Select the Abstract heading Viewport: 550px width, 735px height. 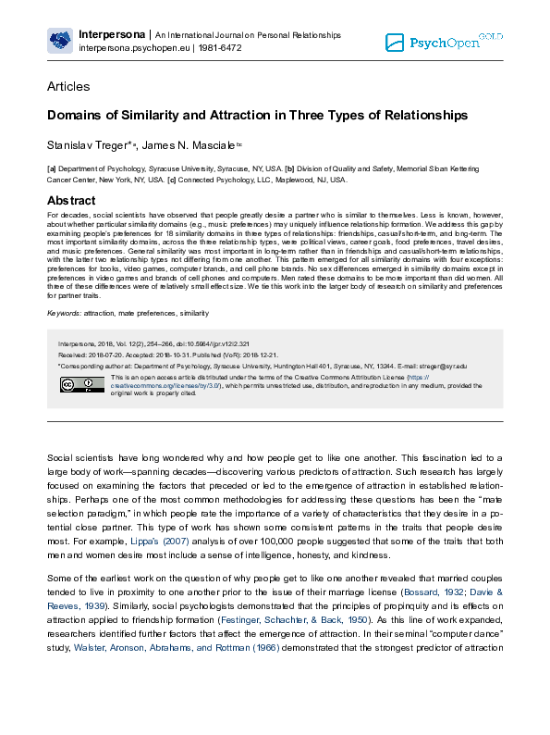(70, 201)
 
